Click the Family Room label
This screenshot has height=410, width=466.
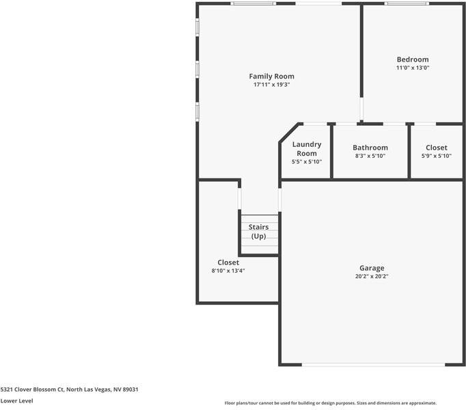click(271, 76)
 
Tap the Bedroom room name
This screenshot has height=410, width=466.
click(413, 59)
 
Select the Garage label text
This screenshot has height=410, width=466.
click(372, 268)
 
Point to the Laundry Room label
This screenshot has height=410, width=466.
click(306, 149)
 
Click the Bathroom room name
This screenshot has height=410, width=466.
click(370, 148)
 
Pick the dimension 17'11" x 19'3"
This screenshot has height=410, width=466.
click(271, 85)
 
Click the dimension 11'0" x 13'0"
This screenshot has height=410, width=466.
click(413, 68)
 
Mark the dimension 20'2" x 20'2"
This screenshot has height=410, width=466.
click(372, 277)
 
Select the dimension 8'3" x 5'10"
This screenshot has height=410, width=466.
click(370, 156)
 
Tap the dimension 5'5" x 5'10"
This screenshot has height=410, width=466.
click(306, 162)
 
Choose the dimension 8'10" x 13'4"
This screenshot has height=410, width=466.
click(228, 271)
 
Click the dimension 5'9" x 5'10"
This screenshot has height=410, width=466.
click(436, 156)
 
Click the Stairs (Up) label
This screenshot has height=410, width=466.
click(258, 232)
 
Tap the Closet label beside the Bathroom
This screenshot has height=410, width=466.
click(436, 148)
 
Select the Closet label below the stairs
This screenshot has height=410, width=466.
click(228, 262)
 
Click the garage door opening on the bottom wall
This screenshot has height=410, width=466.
click(372, 364)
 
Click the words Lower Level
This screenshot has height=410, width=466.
click(17, 401)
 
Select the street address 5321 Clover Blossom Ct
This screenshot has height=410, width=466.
click(32, 389)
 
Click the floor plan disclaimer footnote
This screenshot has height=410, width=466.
click(330, 403)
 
